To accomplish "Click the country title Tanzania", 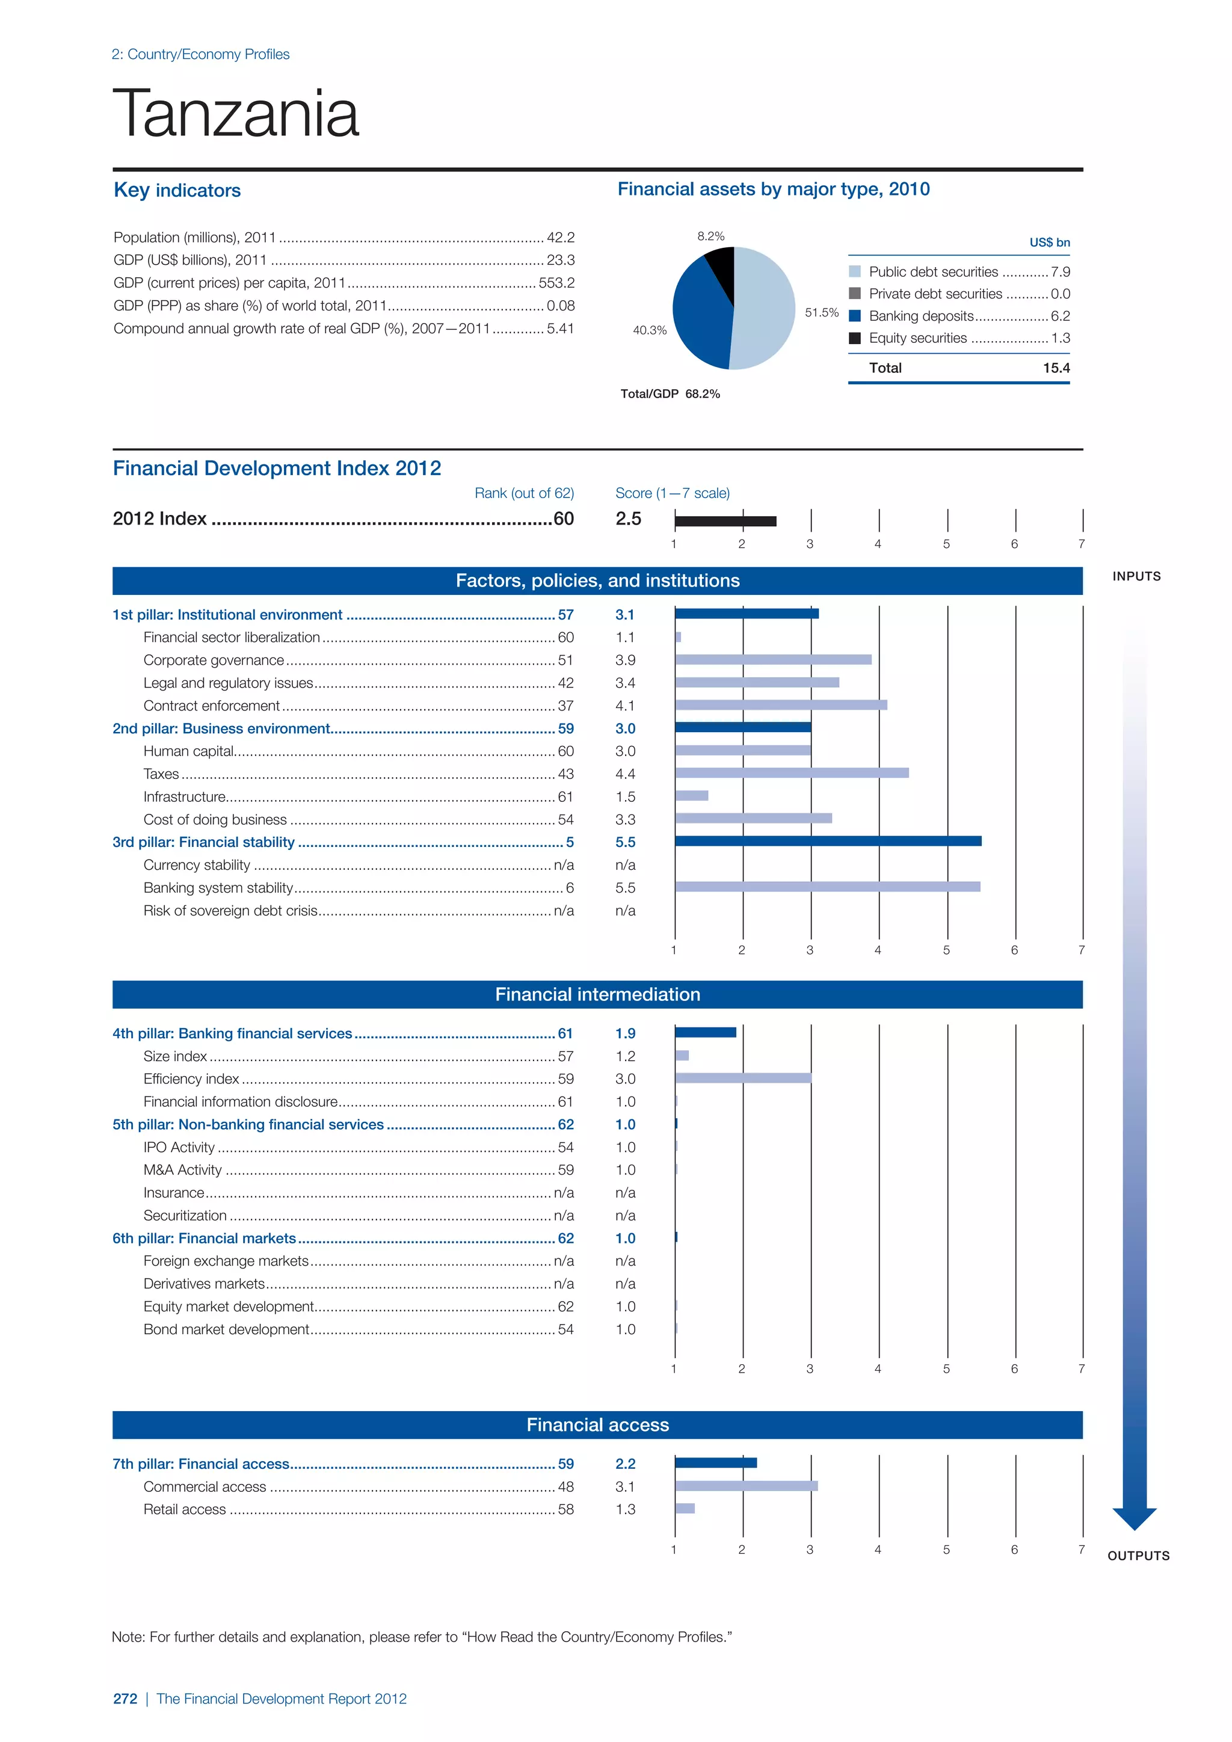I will click(235, 114).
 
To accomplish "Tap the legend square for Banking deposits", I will click(854, 316).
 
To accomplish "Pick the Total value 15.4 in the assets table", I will click(1055, 368).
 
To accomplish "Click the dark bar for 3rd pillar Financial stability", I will click(827, 841).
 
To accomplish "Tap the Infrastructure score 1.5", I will click(625, 796).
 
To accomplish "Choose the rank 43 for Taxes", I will click(565, 774).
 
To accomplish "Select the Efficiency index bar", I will click(743, 1078).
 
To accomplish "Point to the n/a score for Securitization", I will click(625, 1216).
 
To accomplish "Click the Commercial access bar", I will click(746, 1486).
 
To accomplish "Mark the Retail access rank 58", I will click(565, 1509).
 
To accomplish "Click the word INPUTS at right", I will click(1136, 577).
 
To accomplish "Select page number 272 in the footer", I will click(125, 1699).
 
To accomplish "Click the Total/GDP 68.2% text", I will click(670, 394).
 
